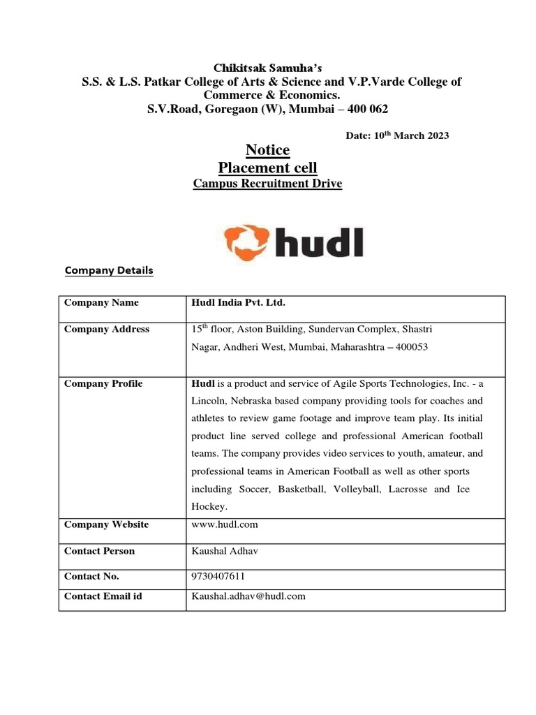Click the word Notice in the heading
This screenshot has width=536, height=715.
tap(267, 150)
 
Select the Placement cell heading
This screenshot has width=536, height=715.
tap(267, 168)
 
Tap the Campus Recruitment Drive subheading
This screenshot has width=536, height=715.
tap(267, 184)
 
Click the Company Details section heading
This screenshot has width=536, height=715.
tap(109, 270)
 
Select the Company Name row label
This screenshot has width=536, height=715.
tap(101, 302)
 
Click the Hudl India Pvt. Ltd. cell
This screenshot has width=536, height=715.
tap(239, 302)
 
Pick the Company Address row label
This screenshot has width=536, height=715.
tap(107, 329)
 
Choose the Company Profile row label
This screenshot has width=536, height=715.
tap(103, 383)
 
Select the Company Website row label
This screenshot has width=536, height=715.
tap(106, 524)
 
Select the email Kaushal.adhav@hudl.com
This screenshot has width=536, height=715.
tap(248, 596)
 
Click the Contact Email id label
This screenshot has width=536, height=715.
tap(103, 596)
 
